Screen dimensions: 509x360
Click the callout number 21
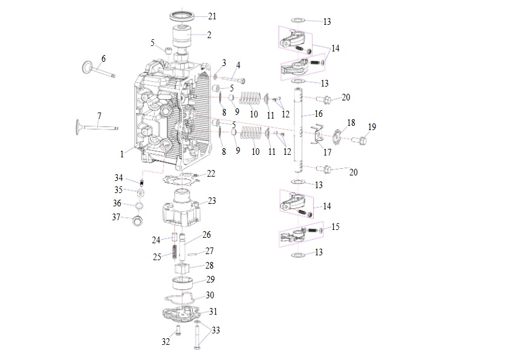[x=212, y=16]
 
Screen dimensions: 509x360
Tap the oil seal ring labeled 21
[x=182, y=16]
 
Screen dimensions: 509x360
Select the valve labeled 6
[x=98, y=70]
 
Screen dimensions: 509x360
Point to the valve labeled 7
[x=97, y=127]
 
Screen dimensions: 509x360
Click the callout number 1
[x=122, y=154]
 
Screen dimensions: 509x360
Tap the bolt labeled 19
[x=359, y=140]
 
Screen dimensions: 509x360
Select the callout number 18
[x=351, y=122]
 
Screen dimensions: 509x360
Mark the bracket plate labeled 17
[x=317, y=134]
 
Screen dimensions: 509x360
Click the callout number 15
[x=336, y=226]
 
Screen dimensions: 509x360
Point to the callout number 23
[x=212, y=201]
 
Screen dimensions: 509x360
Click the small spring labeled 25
[x=174, y=252]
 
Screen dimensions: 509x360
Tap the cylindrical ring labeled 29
[x=182, y=283]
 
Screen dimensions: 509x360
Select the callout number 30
[x=210, y=295]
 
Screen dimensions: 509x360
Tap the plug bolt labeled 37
[x=138, y=221]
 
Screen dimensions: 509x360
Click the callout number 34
[x=118, y=178]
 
